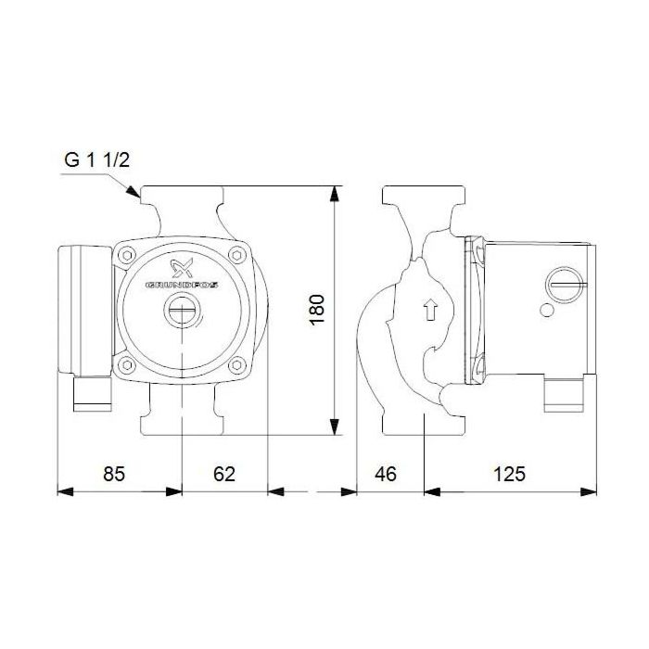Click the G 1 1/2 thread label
(x=97, y=159)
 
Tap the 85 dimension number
(x=112, y=474)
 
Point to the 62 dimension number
(x=224, y=474)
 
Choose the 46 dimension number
(x=385, y=474)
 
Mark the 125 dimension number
(x=509, y=474)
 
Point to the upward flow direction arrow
(x=427, y=310)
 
